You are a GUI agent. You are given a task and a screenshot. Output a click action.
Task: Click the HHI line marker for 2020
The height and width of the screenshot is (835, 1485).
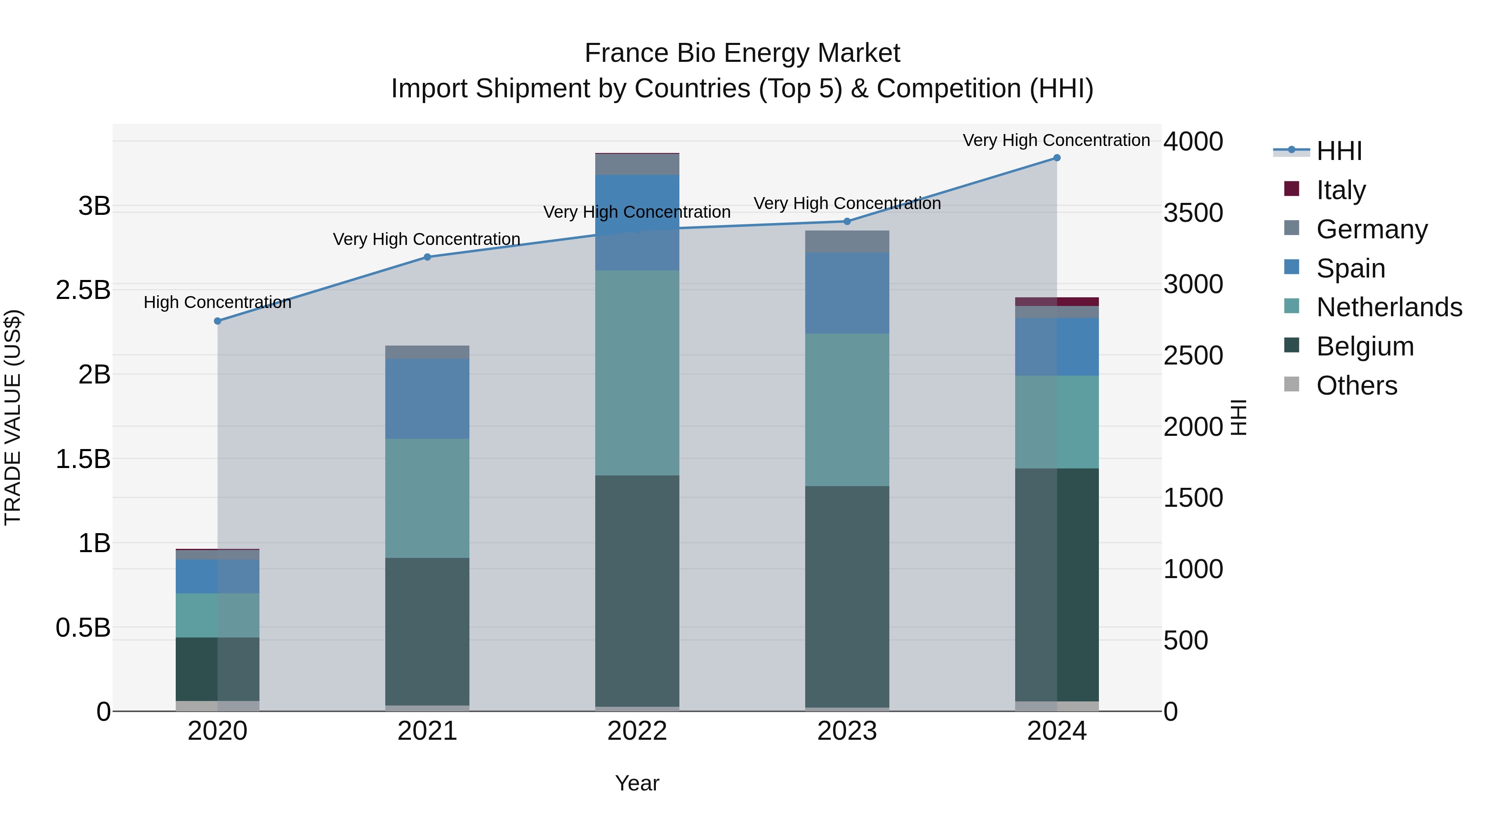[217, 321]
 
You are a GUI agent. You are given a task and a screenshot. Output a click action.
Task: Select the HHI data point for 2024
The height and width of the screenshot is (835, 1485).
[1057, 158]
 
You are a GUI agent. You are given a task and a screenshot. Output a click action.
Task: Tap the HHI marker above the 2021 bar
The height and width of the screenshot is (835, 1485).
[427, 257]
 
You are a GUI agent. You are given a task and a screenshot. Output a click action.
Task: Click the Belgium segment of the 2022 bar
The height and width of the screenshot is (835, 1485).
[637, 590]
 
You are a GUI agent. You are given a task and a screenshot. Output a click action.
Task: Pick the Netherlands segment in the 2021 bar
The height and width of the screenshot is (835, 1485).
[427, 499]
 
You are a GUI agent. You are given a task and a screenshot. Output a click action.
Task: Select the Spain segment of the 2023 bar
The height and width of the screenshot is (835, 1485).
[847, 293]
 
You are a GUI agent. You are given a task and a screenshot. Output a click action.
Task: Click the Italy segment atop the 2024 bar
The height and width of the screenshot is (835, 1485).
[1057, 302]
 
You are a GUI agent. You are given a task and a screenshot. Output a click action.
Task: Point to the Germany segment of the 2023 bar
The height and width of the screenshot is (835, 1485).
[847, 242]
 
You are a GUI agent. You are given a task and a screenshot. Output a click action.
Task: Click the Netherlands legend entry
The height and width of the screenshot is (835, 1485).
[1388, 307]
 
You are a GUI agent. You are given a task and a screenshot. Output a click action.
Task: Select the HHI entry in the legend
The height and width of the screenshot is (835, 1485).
[1339, 151]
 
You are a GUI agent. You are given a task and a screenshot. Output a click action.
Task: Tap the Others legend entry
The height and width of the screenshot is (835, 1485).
[1356, 386]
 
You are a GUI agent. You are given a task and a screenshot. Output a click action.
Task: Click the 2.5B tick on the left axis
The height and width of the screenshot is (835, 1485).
[83, 290]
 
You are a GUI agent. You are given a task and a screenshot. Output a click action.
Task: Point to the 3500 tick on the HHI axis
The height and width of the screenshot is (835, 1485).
[1193, 213]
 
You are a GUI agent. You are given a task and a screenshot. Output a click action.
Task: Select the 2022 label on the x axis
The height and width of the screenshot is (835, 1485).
[637, 731]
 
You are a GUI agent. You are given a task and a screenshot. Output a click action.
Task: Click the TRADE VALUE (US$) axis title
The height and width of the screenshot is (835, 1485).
[13, 417]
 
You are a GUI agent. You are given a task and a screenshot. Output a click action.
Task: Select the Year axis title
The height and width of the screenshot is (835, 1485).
[637, 783]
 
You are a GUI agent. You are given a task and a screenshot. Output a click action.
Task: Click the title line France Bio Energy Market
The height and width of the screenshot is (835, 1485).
[742, 53]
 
